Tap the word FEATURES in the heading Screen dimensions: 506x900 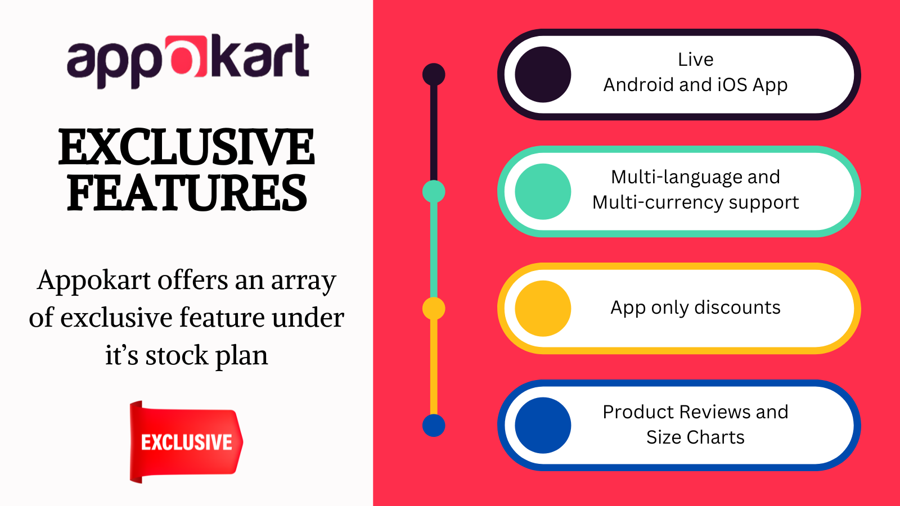(187, 193)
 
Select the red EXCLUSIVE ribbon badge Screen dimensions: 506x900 (186, 442)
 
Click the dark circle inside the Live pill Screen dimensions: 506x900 (543, 75)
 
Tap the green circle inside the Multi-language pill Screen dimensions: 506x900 (543, 192)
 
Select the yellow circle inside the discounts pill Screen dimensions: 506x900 (543, 309)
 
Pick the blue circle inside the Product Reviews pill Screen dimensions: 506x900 (543, 426)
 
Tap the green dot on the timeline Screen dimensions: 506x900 (434, 192)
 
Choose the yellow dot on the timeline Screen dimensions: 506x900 (434, 309)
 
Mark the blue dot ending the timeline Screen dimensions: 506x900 (434, 426)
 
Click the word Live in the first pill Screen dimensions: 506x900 (696, 60)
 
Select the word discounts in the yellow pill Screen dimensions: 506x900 (737, 308)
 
